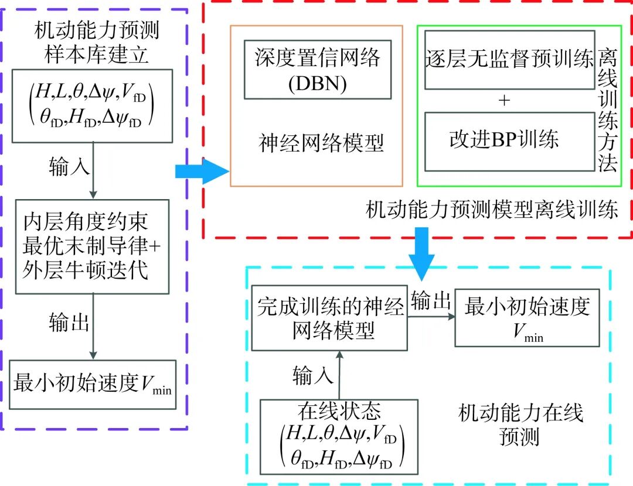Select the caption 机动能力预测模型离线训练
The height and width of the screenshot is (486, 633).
491,210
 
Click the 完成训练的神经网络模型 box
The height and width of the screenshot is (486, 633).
330,319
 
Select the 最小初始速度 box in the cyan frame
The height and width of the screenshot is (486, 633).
527,318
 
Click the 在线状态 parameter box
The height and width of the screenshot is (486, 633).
339,436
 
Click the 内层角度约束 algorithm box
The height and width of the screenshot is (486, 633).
93,247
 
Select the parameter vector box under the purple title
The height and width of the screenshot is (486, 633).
92,105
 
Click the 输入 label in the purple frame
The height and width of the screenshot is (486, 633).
69,167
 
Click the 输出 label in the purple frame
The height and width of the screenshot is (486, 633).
69,322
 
